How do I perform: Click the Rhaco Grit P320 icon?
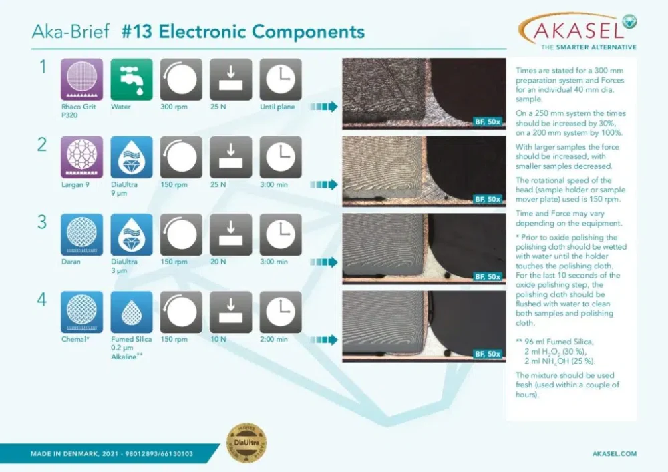coord(81,79)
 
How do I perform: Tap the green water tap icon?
coord(132,79)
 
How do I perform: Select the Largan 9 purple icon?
coord(81,157)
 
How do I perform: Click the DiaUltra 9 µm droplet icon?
coord(132,157)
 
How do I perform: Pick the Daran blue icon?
coord(81,234)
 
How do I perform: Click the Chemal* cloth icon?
coord(81,312)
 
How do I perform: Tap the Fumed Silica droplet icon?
coord(132,312)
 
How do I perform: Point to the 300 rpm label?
coord(174,107)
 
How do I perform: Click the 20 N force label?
coord(218,262)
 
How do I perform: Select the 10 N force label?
coord(218,339)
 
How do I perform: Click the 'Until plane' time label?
coord(277,107)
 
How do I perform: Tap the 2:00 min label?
coord(273,339)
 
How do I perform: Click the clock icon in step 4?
coord(280,312)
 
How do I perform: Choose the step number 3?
coord(42,222)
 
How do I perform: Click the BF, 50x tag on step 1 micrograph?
coord(488,122)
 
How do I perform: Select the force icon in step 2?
coord(230,157)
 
